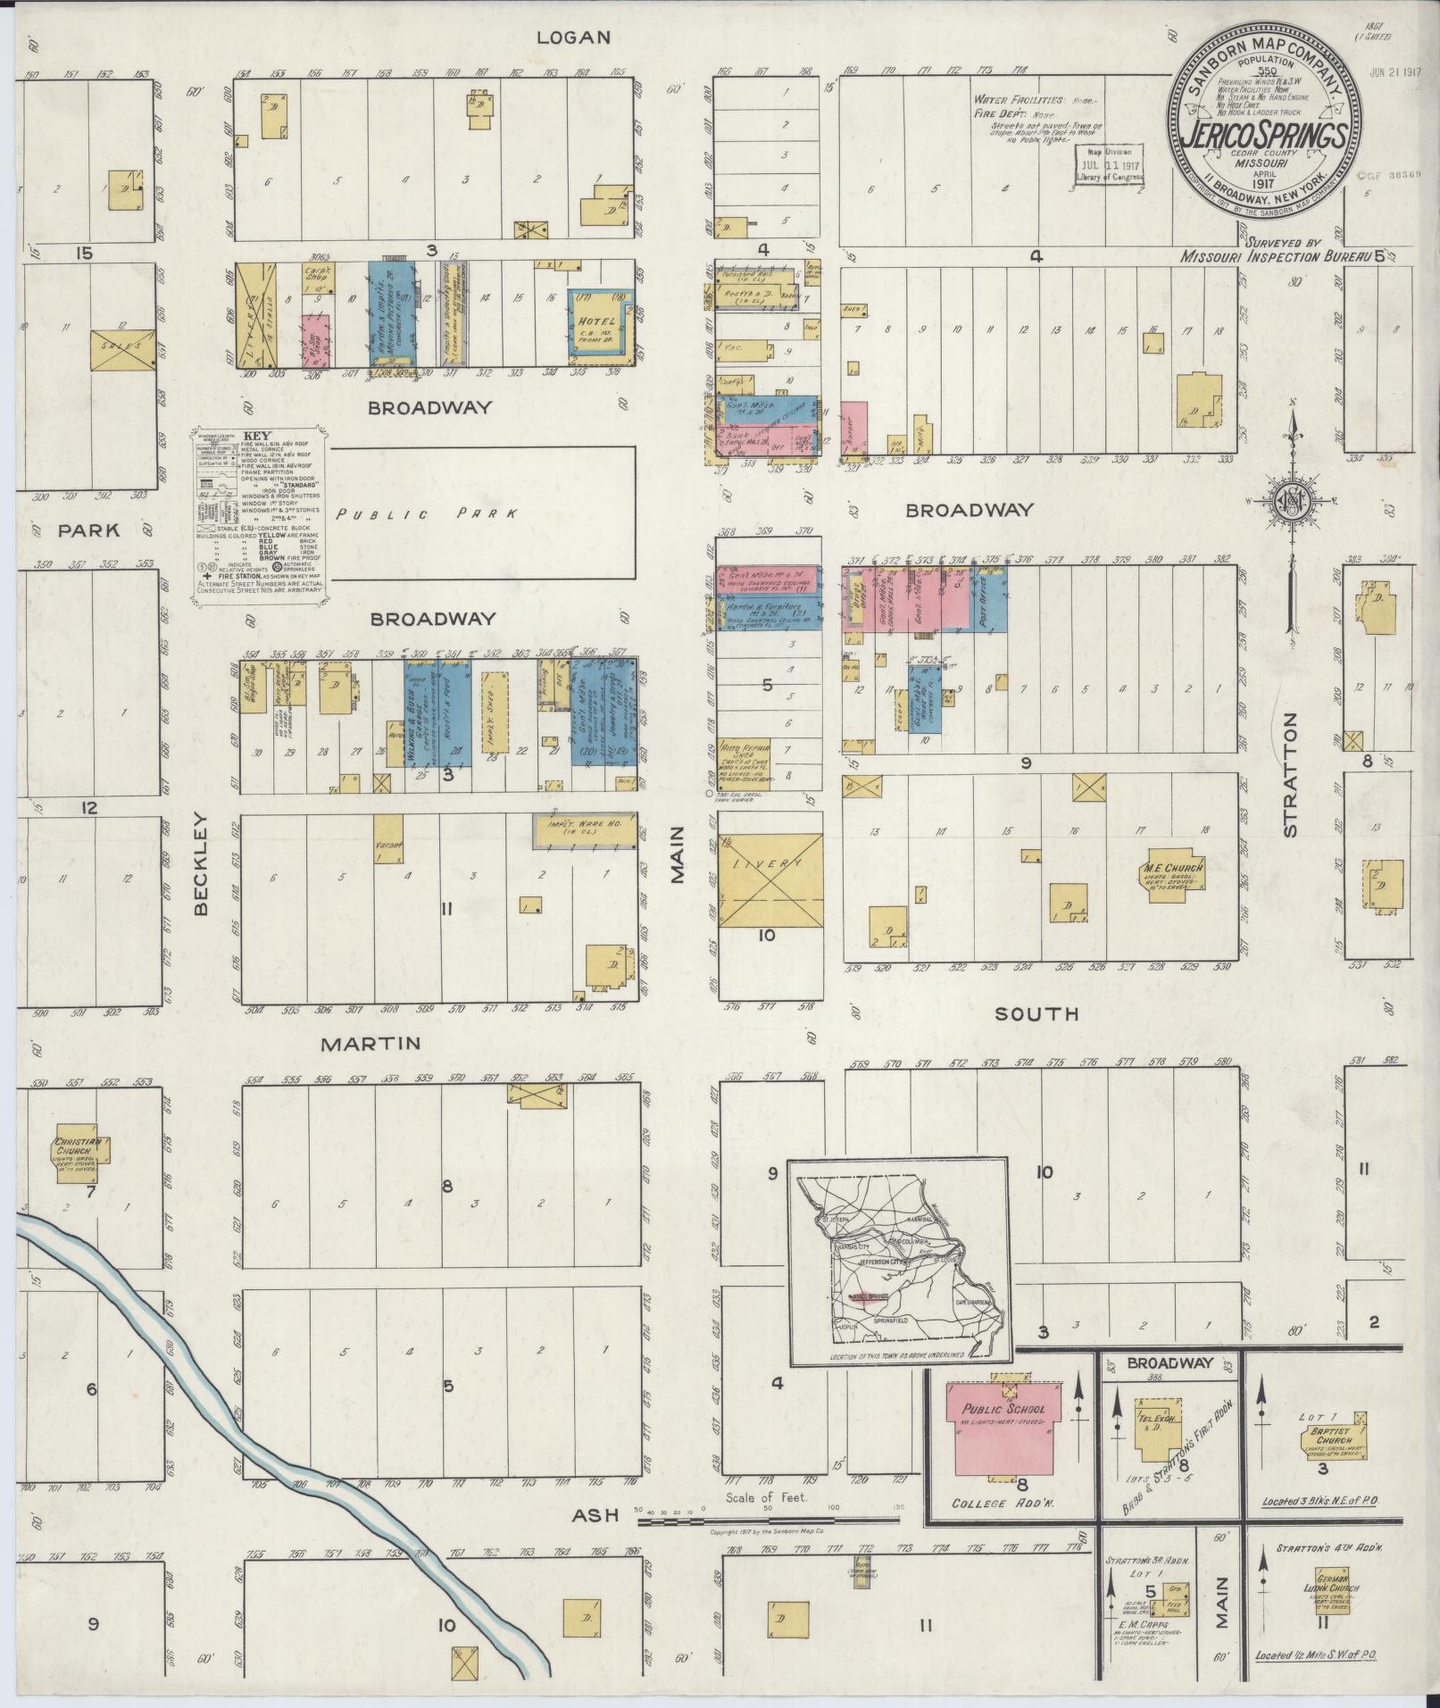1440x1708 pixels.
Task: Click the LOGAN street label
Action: [x=574, y=37]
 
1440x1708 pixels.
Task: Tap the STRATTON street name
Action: [x=1292, y=787]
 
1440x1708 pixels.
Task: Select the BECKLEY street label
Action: [x=200, y=862]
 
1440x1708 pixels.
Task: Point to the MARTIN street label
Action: [x=370, y=1043]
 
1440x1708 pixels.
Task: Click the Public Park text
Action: [x=426, y=514]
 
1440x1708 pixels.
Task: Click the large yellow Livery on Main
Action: [x=770, y=880]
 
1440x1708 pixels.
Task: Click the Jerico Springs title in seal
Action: [x=1265, y=136]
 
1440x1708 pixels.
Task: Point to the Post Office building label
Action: [x=990, y=598]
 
